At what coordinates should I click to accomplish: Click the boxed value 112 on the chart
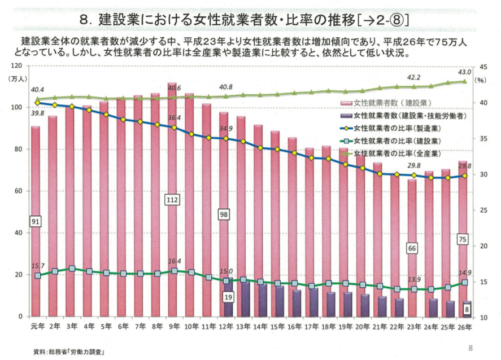(173, 200)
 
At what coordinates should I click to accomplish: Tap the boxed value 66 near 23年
(413, 249)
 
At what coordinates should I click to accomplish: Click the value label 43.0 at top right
(464, 72)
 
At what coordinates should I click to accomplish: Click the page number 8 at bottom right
(470, 348)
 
